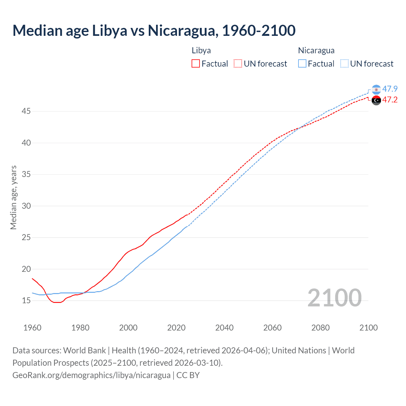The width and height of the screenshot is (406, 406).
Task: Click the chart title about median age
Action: (x=154, y=30)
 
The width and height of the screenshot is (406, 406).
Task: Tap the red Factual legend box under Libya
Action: (x=196, y=64)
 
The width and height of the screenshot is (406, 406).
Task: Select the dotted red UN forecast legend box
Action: (x=238, y=64)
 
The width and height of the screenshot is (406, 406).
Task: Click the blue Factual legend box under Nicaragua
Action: (x=302, y=64)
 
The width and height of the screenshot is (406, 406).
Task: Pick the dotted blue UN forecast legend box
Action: (x=344, y=64)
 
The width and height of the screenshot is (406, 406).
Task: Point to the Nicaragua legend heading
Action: (x=316, y=50)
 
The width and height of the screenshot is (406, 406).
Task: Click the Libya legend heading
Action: (x=201, y=50)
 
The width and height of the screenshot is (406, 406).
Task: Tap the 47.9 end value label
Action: (x=390, y=89)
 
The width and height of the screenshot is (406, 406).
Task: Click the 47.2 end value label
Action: (x=390, y=100)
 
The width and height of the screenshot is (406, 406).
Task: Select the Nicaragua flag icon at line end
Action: (x=376, y=89)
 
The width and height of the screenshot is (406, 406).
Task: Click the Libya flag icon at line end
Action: (x=376, y=100)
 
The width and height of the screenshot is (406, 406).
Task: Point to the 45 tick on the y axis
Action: (x=26, y=111)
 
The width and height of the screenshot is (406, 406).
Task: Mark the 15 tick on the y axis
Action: (x=26, y=300)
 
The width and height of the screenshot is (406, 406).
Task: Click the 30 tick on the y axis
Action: (x=26, y=206)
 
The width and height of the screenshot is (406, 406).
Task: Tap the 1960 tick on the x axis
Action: (x=32, y=328)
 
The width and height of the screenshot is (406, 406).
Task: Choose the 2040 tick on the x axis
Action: (x=224, y=328)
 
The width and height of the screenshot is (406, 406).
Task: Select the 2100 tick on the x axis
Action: (x=368, y=328)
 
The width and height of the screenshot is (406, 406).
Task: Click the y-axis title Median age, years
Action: (x=13, y=197)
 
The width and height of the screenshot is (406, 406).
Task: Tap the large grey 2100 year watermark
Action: (x=334, y=298)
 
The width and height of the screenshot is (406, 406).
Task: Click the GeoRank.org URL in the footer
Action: (x=91, y=375)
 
